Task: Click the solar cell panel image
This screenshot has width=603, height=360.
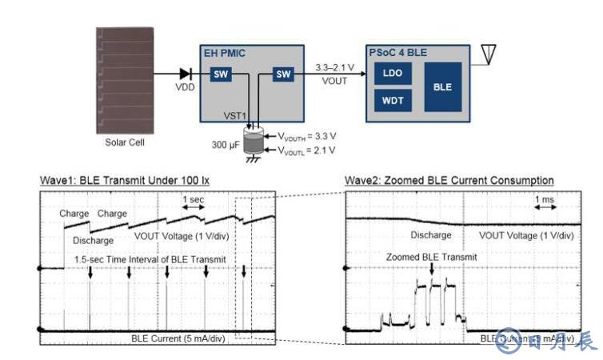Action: [x=127, y=80]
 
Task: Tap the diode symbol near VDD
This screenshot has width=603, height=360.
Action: [x=185, y=74]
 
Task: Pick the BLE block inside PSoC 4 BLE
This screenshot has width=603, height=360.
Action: [x=442, y=86]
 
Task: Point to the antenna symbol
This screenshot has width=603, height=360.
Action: [x=488, y=54]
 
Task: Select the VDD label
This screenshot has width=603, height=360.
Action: [x=185, y=87]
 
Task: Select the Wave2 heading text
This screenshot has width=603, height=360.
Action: [x=449, y=180]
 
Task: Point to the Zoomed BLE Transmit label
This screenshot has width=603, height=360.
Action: [x=431, y=258]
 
